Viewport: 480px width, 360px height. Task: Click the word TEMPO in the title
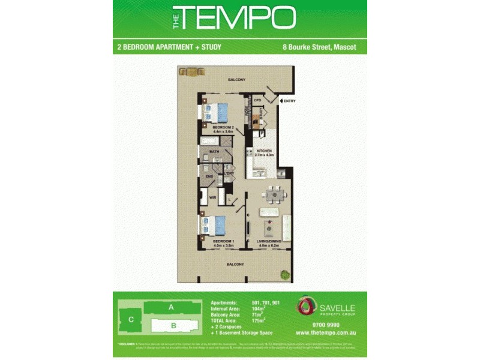[238, 18]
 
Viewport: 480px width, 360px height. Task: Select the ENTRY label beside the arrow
[290, 101]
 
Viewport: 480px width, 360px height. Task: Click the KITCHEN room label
[265, 151]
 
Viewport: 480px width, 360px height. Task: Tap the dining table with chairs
[275, 193]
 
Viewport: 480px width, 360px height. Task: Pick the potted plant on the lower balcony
[284, 275]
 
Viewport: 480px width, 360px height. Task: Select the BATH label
[214, 152]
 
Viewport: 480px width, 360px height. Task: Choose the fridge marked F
[281, 173]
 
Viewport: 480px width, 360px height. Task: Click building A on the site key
[170, 307]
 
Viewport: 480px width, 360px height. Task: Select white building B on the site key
[173, 326]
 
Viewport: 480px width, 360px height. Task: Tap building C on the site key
[130, 320]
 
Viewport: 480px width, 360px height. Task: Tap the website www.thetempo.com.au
[327, 332]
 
